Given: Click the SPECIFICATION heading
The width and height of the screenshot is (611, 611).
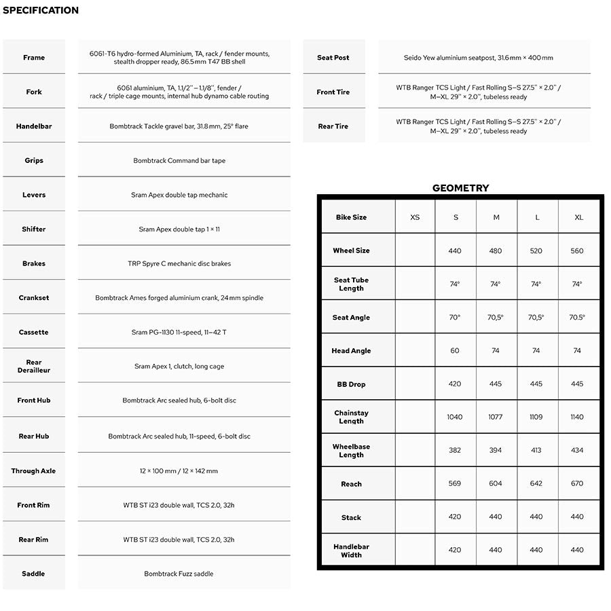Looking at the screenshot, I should [x=41, y=10].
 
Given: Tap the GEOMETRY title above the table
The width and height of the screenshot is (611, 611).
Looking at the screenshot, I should [x=460, y=188].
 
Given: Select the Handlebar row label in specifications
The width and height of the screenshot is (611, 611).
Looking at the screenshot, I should [x=34, y=126].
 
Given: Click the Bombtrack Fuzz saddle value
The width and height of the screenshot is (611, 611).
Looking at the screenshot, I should [x=179, y=574].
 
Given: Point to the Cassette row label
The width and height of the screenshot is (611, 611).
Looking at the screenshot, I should [x=34, y=332].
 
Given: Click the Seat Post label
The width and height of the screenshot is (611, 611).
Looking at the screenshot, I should [x=333, y=58].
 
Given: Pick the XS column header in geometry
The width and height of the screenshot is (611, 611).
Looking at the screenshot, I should [x=415, y=217].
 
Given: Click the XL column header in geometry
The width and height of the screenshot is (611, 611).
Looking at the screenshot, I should [x=578, y=217].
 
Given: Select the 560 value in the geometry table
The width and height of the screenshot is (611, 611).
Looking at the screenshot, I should [x=577, y=251].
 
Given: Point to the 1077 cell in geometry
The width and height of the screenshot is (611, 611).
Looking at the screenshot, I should [x=496, y=417].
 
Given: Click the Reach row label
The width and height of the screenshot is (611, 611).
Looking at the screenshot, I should [x=351, y=484].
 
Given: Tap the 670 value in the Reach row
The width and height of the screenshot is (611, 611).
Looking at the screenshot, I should [x=577, y=483].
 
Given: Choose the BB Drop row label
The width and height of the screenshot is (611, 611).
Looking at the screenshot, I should [x=351, y=384].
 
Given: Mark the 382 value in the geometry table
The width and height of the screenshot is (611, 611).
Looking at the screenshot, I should [x=455, y=450].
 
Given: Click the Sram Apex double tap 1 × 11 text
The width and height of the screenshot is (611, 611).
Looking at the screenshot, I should [x=179, y=229].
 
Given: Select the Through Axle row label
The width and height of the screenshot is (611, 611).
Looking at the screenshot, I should [x=33, y=470].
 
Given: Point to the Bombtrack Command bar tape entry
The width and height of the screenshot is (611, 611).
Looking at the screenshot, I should [x=179, y=161].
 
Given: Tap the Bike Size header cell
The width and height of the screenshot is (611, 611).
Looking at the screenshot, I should [x=351, y=217].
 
